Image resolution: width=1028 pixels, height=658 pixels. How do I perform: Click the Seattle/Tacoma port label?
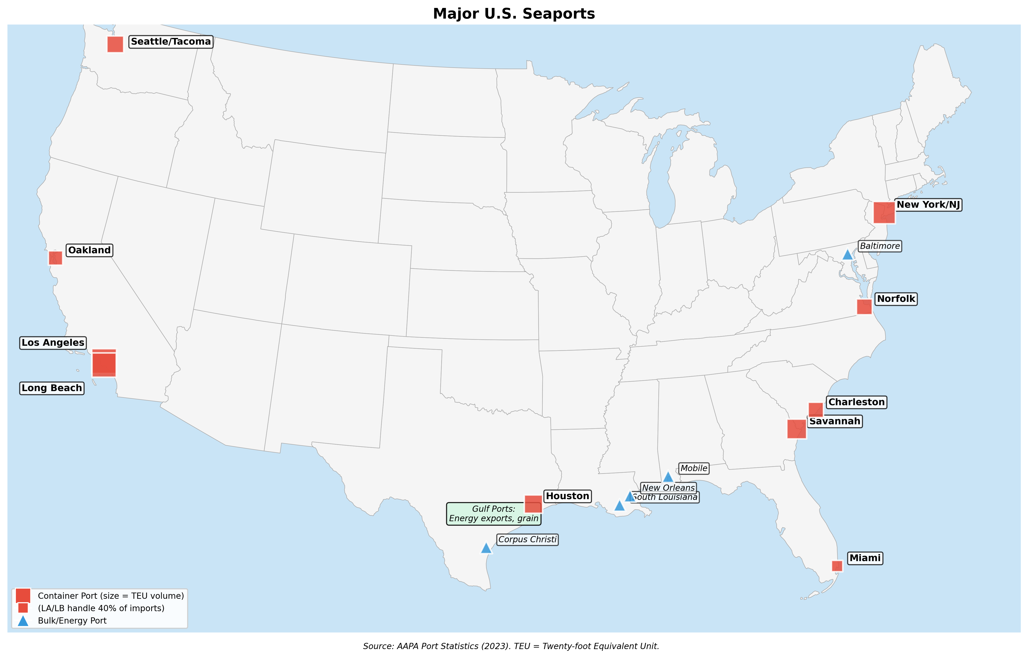(x=171, y=41)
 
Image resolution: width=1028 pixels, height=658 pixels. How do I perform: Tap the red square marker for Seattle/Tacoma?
(x=115, y=44)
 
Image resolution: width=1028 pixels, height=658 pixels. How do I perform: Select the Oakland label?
(x=89, y=250)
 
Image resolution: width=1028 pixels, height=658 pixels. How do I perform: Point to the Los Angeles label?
(x=53, y=343)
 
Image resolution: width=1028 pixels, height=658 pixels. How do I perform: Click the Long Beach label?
(x=52, y=388)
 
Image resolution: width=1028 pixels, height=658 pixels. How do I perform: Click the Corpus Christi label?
(x=527, y=539)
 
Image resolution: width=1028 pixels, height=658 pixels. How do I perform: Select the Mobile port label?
(x=693, y=468)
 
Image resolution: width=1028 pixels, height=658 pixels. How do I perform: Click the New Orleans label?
(x=668, y=487)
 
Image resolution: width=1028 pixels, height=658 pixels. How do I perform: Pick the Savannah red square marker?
(x=796, y=429)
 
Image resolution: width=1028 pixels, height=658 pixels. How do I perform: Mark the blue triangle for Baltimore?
(x=847, y=255)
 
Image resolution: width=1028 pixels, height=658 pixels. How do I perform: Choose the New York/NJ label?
(x=928, y=205)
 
